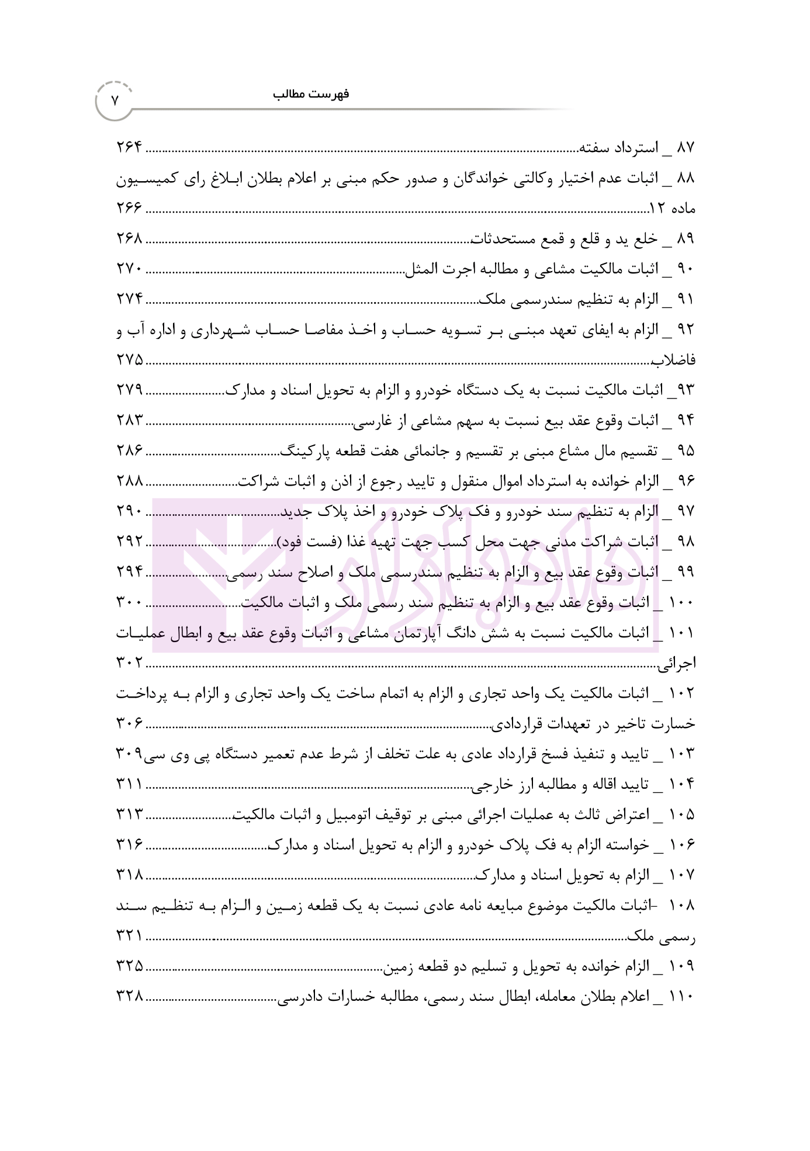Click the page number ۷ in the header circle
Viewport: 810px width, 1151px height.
pos(115,100)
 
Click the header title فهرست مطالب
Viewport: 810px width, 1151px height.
pos(310,94)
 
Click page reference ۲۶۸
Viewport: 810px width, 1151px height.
pos(129,239)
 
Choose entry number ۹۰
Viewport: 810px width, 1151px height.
pos(685,269)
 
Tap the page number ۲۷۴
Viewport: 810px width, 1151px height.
pos(129,300)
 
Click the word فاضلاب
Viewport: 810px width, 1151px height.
pos(674,360)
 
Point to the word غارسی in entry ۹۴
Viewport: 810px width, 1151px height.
pos(372,421)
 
